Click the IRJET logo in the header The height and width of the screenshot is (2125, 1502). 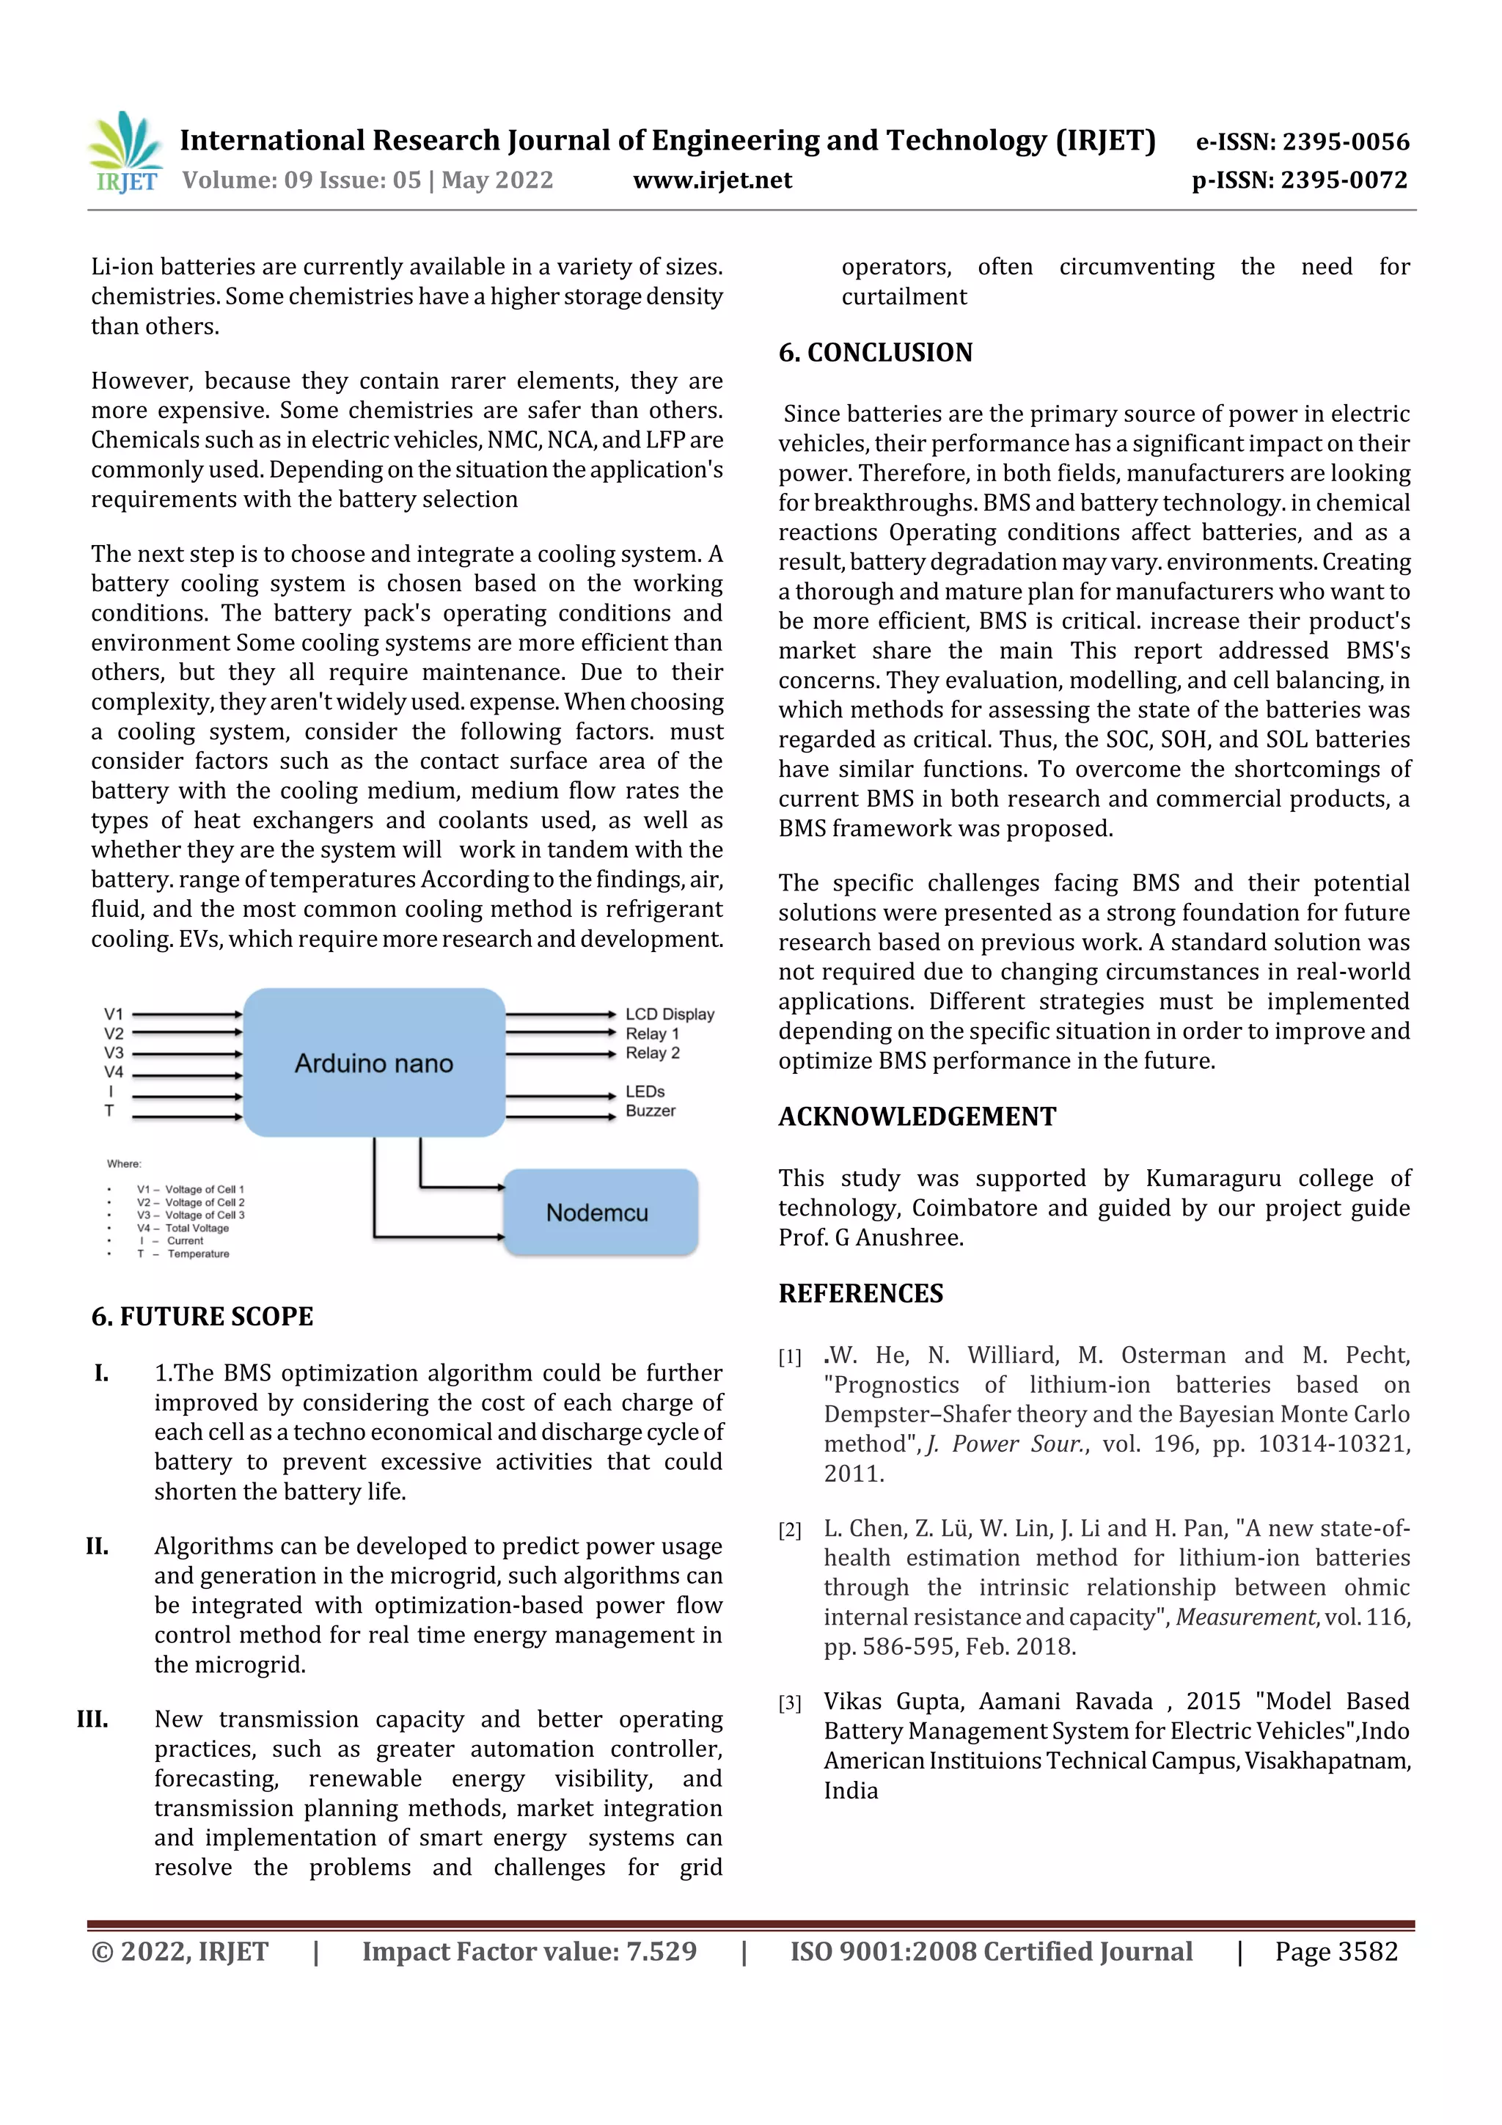click(124, 153)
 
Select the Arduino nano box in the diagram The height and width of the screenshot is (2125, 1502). click(374, 1062)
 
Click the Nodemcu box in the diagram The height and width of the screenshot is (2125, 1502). click(598, 1213)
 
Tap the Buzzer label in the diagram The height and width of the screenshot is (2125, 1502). click(650, 1111)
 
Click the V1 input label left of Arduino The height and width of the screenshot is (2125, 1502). click(113, 1014)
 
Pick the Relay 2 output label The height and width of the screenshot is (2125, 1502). click(653, 1053)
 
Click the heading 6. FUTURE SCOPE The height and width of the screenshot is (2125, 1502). click(202, 1316)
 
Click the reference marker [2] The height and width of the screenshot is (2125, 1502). click(788, 1531)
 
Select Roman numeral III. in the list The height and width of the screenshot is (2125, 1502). click(92, 1719)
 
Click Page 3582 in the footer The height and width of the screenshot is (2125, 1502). click(1336, 1951)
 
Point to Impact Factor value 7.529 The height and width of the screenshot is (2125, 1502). click(529, 1951)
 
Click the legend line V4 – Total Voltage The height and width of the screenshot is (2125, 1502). click(183, 1228)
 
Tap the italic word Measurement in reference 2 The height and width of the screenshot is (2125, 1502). click(1245, 1617)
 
